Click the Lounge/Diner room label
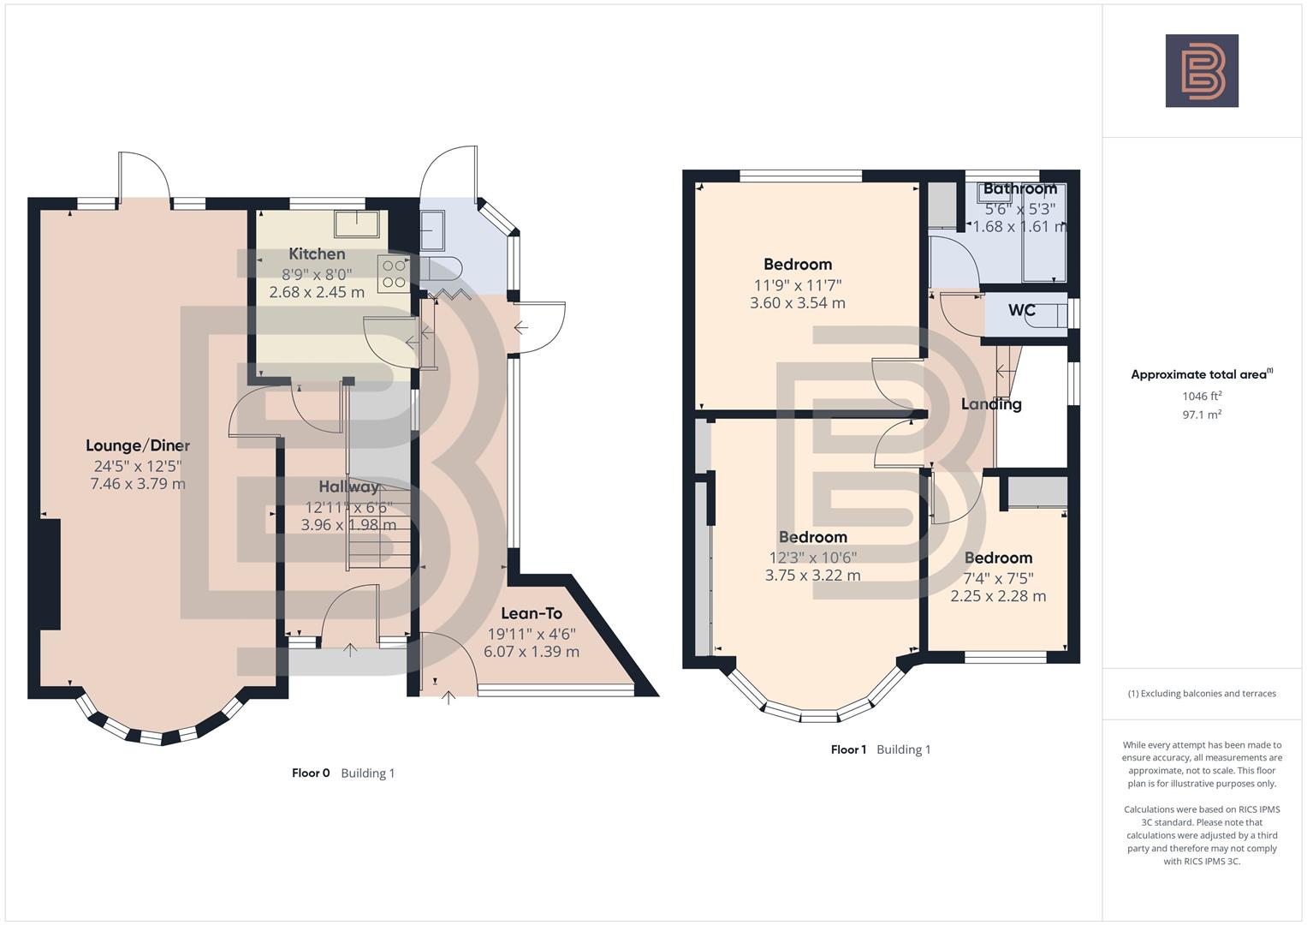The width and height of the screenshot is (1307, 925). click(x=138, y=445)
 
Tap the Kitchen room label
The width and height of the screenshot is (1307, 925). click(x=317, y=254)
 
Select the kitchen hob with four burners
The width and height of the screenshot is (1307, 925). click(x=394, y=272)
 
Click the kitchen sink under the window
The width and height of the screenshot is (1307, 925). click(x=357, y=223)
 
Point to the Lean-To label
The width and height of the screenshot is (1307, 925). click(x=531, y=613)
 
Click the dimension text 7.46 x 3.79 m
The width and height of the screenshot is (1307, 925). click(x=138, y=484)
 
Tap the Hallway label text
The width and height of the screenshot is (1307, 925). click(x=348, y=486)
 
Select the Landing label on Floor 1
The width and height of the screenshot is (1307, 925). click(x=991, y=404)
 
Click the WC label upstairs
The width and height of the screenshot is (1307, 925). click(x=1022, y=310)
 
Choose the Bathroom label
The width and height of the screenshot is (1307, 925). click(x=1019, y=188)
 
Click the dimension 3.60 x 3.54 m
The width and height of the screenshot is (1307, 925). click(x=798, y=303)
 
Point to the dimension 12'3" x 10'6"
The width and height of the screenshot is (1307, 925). click(x=812, y=557)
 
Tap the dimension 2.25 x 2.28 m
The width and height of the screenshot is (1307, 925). click(x=998, y=596)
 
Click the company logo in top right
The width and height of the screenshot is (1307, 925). click(x=1202, y=71)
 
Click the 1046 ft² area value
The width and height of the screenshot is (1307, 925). click(x=1202, y=396)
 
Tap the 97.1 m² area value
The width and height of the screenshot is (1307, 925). click(x=1202, y=415)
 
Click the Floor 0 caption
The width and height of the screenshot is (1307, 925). click(x=311, y=773)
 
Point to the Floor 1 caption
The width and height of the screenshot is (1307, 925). click(x=848, y=749)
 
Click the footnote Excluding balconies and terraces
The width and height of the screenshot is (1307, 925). click(x=1202, y=694)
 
